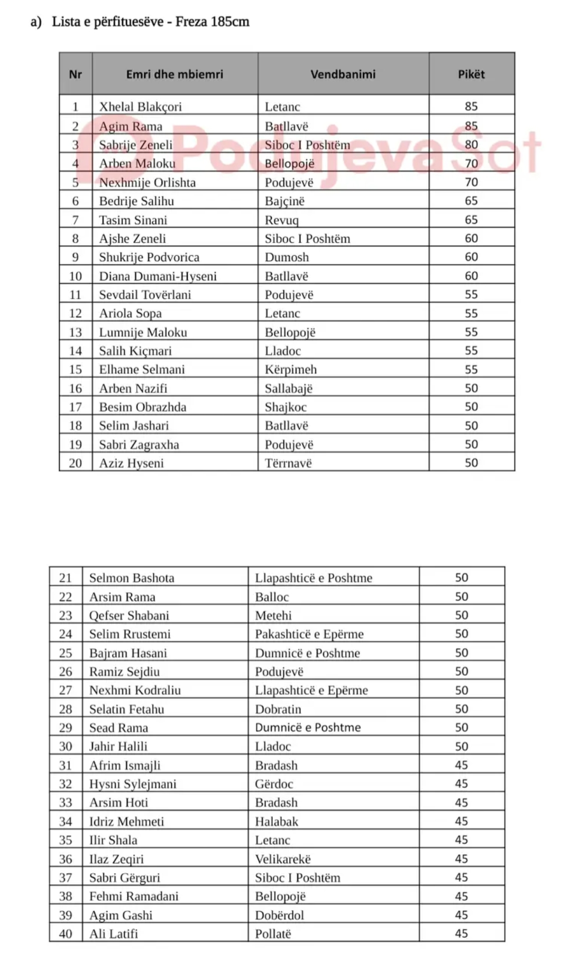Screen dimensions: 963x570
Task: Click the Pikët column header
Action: pos(471,74)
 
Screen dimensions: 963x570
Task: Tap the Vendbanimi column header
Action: pos(343,74)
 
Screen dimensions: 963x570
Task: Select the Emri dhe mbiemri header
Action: pos(174,74)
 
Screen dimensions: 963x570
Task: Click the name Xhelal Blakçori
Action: pos(140,107)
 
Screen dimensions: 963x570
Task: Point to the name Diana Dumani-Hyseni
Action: pos(158,276)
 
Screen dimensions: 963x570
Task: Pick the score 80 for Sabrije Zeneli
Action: pos(471,145)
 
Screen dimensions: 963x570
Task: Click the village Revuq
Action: pos(281,220)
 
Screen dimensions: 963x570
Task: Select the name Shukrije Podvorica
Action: pos(149,257)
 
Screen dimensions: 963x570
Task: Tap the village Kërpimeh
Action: pos(290,370)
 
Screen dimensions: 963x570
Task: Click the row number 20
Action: pos(75,463)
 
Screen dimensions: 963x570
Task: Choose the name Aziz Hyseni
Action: pos(131,463)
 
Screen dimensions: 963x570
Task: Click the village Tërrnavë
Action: pos(288,463)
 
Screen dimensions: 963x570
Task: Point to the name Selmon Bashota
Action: pos(132,578)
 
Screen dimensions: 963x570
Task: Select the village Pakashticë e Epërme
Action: pos(309,634)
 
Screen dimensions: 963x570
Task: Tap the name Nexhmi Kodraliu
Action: pos(135,690)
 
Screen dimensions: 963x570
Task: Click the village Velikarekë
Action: pos(283,859)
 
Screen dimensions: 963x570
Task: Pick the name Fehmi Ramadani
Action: pos(134,896)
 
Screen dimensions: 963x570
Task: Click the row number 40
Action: pos(66,934)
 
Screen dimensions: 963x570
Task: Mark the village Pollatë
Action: pos(273,934)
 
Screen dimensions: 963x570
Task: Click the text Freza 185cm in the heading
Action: pos(212,22)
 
